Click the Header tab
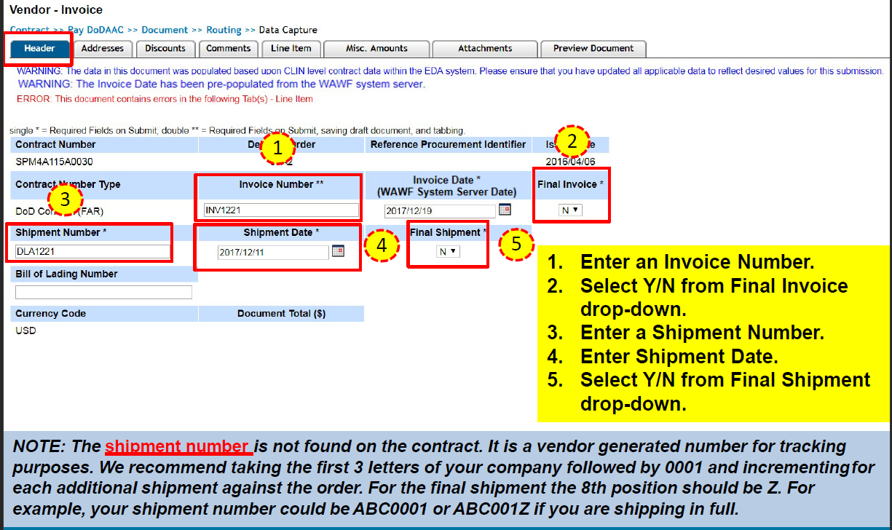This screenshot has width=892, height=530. (x=39, y=49)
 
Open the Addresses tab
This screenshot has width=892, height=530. (x=102, y=49)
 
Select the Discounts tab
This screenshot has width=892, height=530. (x=165, y=49)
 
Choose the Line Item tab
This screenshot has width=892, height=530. (x=291, y=49)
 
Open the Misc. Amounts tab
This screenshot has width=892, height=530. (x=376, y=49)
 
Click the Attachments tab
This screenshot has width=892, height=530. (x=485, y=49)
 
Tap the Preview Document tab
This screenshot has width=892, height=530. (x=593, y=49)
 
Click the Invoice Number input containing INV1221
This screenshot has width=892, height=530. (x=281, y=210)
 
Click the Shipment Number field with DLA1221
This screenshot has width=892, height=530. (x=92, y=252)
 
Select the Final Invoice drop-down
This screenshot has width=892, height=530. (x=570, y=210)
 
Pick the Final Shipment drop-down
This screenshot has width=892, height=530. (x=448, y=251)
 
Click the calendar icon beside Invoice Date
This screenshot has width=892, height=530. (x=505, y=210)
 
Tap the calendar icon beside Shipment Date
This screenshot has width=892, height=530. (x=338, y=251)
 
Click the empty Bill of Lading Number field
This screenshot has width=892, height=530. (x=103, y=292)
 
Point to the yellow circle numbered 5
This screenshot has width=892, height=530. (x=516, y=244)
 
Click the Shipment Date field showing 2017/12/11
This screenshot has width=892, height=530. (x=273, y=252)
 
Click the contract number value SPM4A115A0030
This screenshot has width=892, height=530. (x=54, y=162)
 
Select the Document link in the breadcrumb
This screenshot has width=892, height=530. (x=165, y=30)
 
